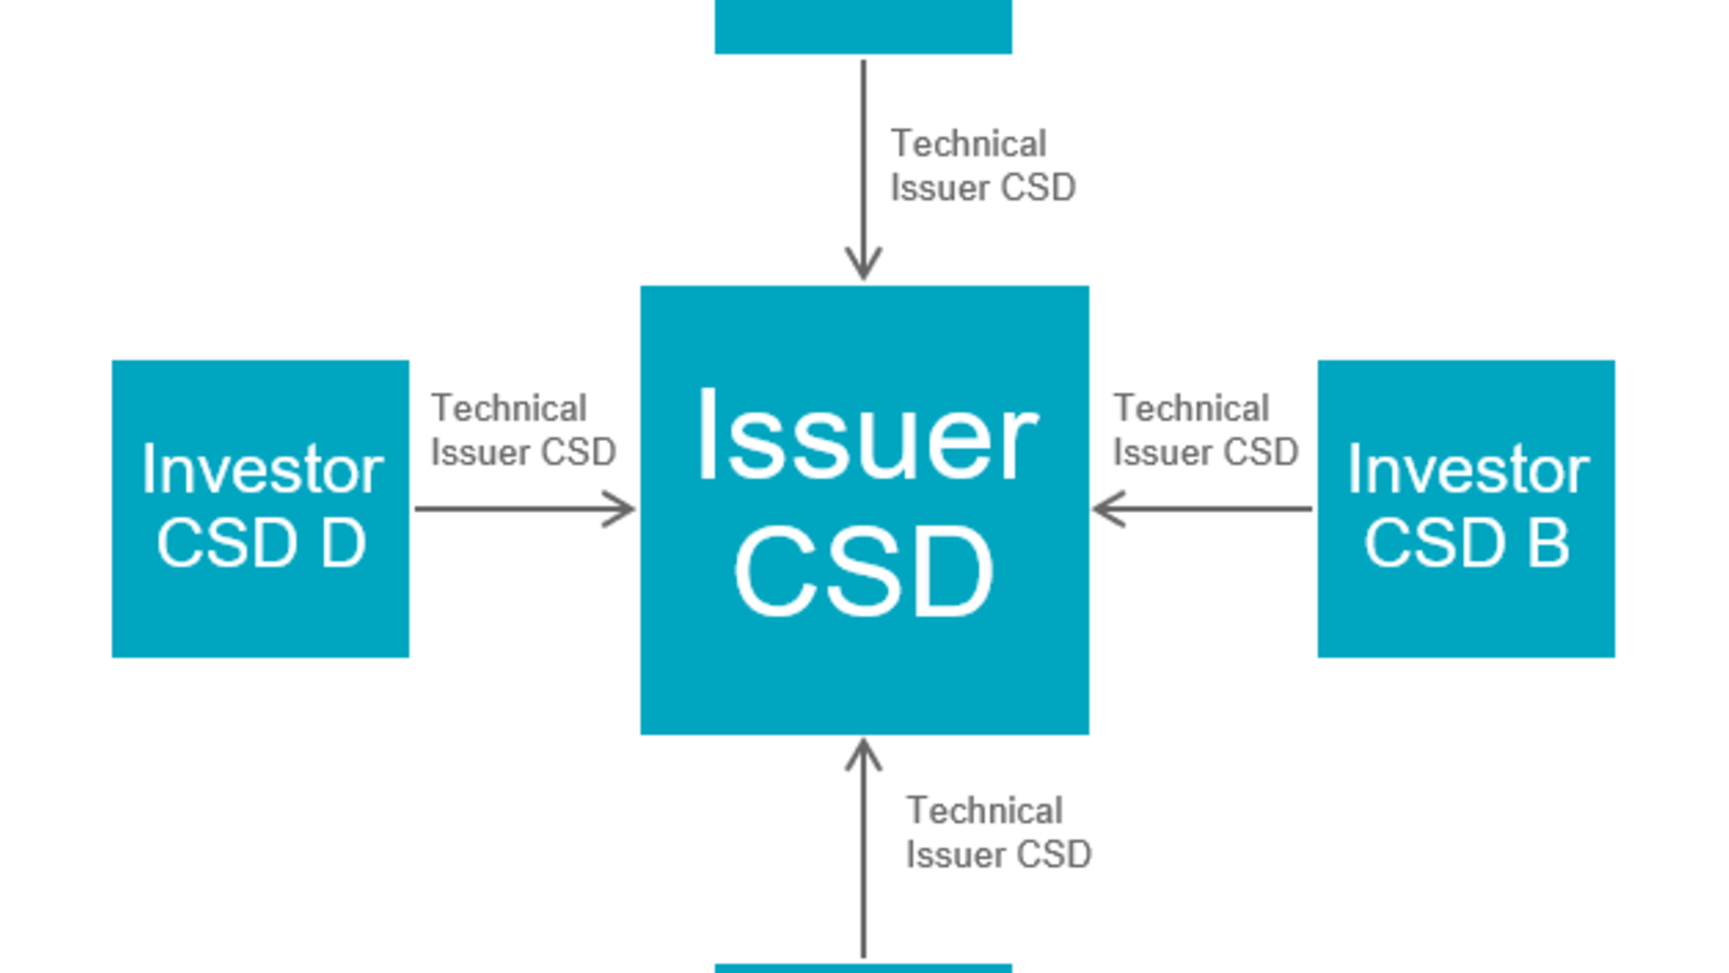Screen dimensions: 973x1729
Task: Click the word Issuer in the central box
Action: [x=866, y=437]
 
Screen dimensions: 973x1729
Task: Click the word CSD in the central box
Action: [x=864, y=573]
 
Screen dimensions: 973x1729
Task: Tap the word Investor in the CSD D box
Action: [x=262, y=469]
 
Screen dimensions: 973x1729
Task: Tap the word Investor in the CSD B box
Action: [x=1468, y=469]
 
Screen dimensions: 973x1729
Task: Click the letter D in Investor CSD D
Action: [x=343, y=543]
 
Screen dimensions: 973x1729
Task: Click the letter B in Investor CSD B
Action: [x=1548, y=543]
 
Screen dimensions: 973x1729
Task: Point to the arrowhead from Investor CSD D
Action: [x=621, y=509]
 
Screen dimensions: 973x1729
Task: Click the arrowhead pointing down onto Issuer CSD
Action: [x=864, y=266]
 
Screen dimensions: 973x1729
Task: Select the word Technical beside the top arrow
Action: [x=968, y=143]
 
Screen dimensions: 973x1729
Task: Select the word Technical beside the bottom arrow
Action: [x=984, y=810]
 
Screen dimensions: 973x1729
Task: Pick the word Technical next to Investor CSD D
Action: [x=509, y=408]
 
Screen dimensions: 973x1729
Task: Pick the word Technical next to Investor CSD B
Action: [x=1191, y=408]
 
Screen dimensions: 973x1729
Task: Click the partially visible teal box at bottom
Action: [x=863, y=968]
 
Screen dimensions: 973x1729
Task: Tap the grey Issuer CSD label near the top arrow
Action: [x=982, y=187]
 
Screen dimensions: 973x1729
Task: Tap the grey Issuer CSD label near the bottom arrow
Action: [x=998, y=854]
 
